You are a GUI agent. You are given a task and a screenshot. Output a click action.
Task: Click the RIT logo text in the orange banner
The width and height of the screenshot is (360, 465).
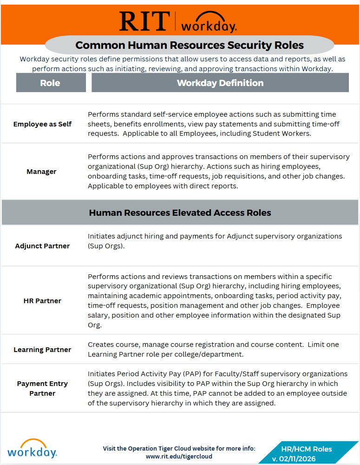coord(144,21)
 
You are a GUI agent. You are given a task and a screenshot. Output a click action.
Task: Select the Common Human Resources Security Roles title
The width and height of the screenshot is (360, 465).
coord(190,45)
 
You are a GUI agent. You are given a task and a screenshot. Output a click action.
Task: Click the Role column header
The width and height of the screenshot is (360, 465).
coord(50,83)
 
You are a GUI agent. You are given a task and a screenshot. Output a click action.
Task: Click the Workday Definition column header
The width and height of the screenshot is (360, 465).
coord(220,83)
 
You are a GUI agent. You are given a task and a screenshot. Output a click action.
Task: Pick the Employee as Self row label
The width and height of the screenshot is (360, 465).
coord(42,124)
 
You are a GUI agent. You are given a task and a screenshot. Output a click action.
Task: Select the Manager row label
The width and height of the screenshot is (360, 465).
coord(41,172)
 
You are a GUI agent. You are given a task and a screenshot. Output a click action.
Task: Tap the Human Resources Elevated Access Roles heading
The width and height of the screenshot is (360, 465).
coord(180,213)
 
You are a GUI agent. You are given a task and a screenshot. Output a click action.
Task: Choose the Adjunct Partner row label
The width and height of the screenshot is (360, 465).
coord(42,246)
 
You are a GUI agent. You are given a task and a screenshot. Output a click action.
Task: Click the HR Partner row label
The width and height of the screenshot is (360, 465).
coord(42,300)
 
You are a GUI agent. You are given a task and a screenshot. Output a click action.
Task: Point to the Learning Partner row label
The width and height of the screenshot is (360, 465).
coord(42,350)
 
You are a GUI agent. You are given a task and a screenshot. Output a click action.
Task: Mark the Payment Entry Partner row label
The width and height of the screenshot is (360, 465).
coord(42,388)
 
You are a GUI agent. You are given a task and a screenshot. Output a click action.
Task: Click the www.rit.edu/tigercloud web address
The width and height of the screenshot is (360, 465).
coord(179,457)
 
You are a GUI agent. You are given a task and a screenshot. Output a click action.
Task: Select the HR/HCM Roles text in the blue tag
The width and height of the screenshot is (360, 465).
coord(307,449)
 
